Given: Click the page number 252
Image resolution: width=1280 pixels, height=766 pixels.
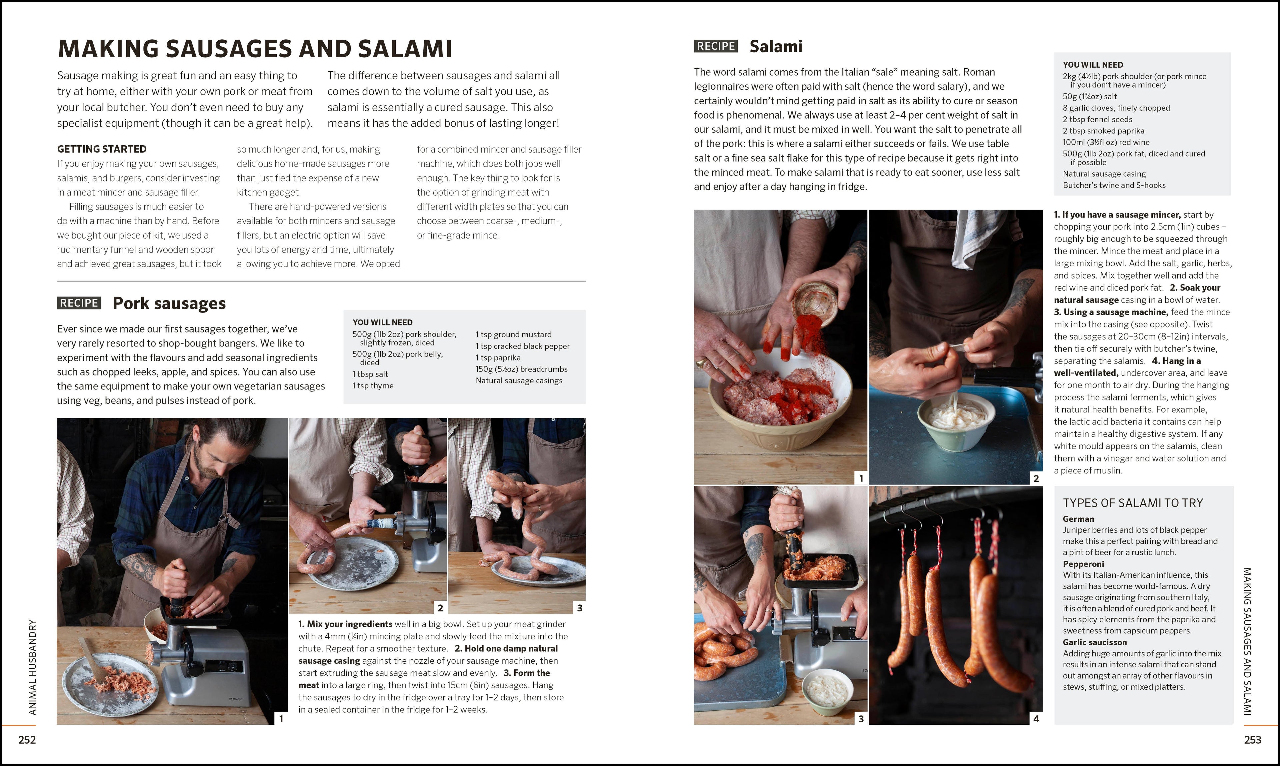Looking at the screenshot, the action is pos(27,740).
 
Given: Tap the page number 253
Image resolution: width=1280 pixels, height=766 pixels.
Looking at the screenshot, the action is pos(1253,740).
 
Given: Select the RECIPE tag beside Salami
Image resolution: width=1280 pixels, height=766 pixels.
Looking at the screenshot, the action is pos(716,46).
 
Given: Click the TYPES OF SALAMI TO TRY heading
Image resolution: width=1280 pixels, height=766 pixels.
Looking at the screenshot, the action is pos(1133,503).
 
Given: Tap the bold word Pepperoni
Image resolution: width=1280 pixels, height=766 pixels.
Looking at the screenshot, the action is pos(1083,564).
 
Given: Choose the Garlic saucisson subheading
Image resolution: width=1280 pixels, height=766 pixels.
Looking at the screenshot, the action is pos(1095,642).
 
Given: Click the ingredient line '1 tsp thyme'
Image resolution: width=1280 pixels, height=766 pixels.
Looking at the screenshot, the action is pos(373,385).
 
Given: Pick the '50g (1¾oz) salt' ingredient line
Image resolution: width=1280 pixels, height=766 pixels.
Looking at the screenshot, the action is pos(1089,97).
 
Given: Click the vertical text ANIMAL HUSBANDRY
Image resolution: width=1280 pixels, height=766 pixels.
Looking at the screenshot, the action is pos(33,667).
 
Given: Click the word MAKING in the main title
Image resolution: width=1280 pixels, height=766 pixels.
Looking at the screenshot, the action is pos(108,49).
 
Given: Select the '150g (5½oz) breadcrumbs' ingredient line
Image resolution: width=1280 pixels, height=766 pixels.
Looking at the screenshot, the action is pos(522,369).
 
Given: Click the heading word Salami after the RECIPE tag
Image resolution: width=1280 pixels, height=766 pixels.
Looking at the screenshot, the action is pos(776,46).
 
